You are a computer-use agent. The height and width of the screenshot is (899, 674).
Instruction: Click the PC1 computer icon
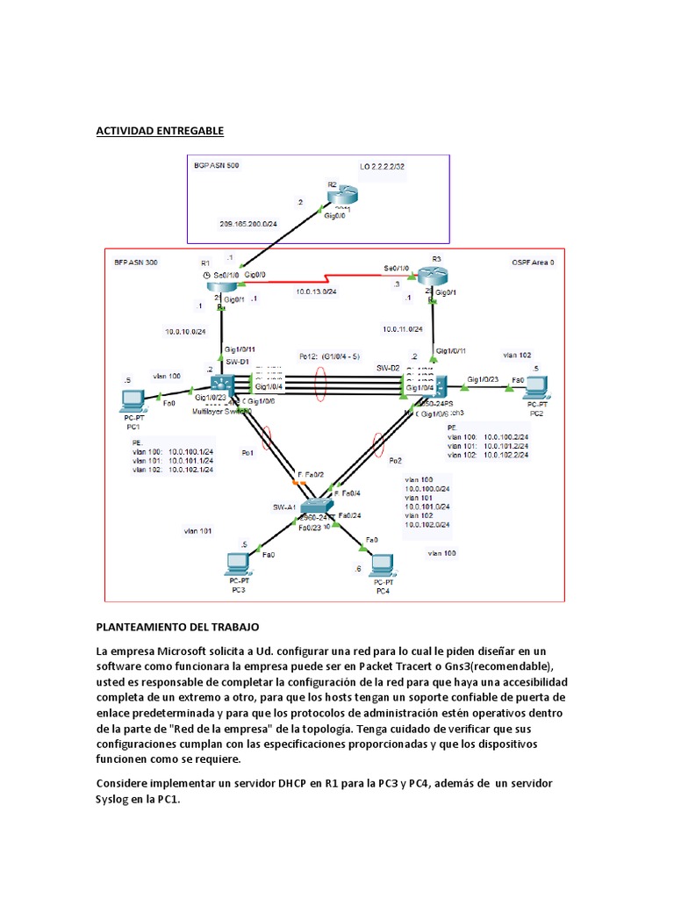[133, 401]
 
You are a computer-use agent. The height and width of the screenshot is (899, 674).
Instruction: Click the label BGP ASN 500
[216, 165]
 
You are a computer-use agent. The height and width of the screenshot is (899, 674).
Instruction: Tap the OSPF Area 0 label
[533, 263]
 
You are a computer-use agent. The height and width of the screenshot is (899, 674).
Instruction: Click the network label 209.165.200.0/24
[248, 224]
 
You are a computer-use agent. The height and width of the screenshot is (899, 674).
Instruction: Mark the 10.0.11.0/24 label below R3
[403, 329]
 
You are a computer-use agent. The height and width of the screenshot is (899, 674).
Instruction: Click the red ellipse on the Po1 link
[268, 436]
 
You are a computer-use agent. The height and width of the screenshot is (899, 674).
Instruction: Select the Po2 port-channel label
[395, 460]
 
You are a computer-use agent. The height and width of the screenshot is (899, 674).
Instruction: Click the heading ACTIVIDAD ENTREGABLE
[160, 131]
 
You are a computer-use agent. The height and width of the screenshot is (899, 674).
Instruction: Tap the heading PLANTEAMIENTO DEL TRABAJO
[177, 628]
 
